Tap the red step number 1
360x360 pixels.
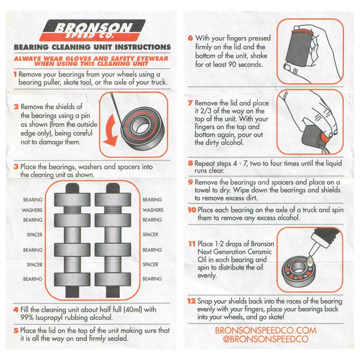[15, 75]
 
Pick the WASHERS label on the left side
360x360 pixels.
[32, 210]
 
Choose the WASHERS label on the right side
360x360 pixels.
[153, 210]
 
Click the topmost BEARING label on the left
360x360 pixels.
[33, 200]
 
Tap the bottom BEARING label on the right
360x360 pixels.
[152, 279]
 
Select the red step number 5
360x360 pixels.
[15, 330]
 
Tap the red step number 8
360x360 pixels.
[190, 163]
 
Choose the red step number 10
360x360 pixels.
[192, 210]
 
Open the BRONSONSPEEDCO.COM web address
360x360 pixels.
[266, 330]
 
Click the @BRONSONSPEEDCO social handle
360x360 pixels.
[266, 339]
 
